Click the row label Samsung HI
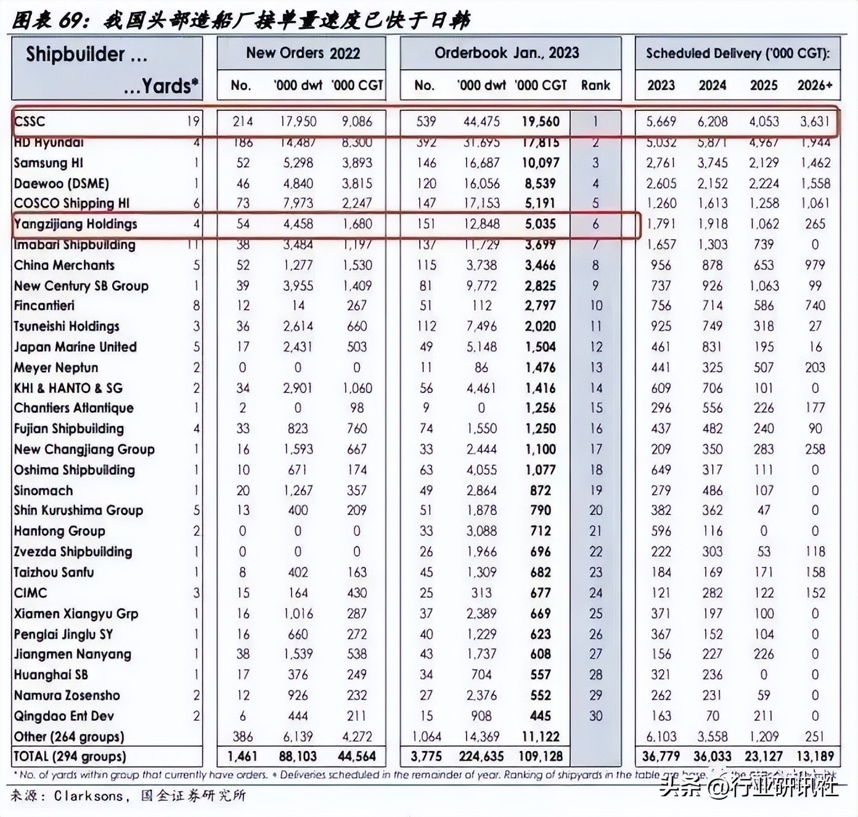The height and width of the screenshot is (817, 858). [x=48, y=163]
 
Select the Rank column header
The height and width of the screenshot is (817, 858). [x=595, y=85]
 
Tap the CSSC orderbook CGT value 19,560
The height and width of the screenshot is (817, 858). [x=540, y=121]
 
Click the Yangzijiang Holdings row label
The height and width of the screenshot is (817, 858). [x=75, y=224]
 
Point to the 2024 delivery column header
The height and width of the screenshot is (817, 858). [x=712, y=85]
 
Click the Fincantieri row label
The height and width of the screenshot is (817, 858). [x=44, y=306]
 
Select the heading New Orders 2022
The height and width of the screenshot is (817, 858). [x=303, y=53]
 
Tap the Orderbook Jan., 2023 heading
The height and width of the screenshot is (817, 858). [x=506, y=53]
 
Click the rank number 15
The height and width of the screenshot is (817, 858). [x=595, y=408]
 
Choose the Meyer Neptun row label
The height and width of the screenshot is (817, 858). [x=55, y=368]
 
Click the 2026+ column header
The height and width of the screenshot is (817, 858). [x=814, y=85]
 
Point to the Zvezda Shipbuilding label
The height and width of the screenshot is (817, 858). [x=73, y=551]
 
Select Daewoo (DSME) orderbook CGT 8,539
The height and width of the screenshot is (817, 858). [x=540, y=184]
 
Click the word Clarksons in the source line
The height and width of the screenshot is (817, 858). [x=88, y=795]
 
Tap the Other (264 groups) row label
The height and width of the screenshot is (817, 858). [x=68, y=736]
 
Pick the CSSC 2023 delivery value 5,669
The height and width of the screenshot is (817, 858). [x=661, y=121]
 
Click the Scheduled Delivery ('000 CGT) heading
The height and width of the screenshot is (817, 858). [x=737, y=53]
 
